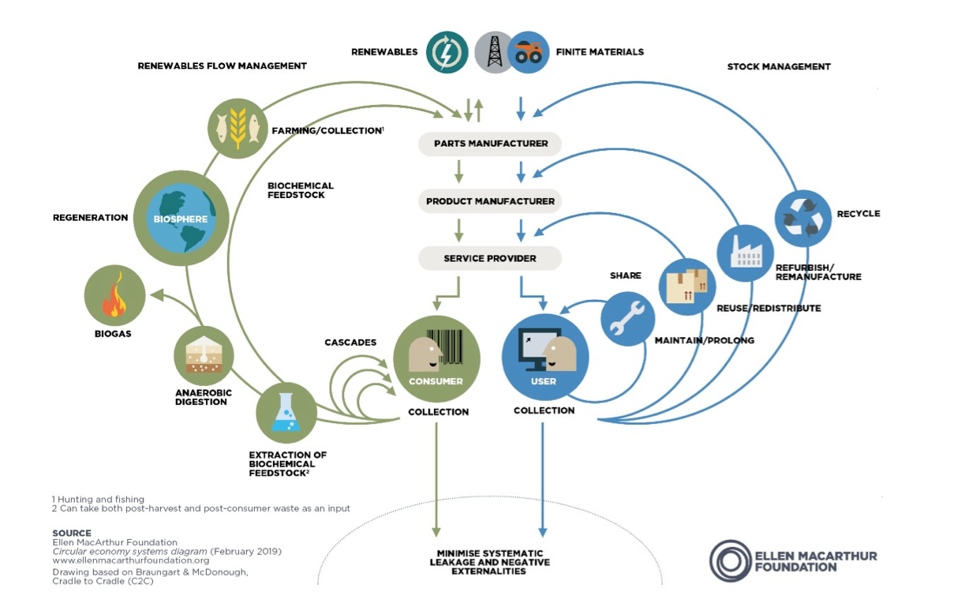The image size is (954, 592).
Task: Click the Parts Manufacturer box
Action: [x=490, y=144]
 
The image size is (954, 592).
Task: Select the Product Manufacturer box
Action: [x=490, y=201]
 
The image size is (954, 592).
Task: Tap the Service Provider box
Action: [x=490, y=258]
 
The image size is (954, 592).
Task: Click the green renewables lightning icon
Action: [x=447, y=52]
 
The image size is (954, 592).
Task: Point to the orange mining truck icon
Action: [x=529, y=53]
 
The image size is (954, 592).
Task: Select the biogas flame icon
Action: [x=115, y=296]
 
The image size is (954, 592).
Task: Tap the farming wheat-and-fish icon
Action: [x=238, y=126]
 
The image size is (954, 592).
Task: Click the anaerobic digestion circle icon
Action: [x=204, y=355]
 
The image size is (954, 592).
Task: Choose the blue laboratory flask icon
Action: [x=286, y=413]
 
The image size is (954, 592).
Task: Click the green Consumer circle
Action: [x=436, y=360]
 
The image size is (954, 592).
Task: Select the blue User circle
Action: [x=545, y=360]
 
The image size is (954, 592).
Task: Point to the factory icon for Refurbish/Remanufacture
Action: [x=745, y=253]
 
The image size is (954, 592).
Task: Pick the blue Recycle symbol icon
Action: [x=803, y=218]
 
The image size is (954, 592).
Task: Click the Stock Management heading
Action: [x=778, y=67]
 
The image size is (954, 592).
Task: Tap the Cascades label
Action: [x=350, y=343]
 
